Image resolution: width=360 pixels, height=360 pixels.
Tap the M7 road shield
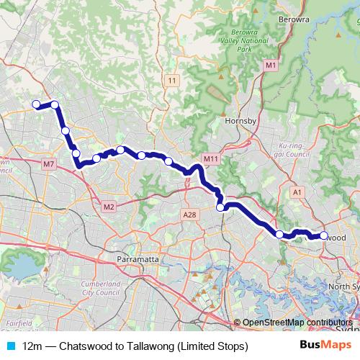coord(49,164)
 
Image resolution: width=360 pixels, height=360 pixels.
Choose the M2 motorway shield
coord(109,207)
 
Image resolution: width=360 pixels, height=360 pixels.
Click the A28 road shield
coord(189,214)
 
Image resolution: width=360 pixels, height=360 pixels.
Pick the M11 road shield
coord(210,159)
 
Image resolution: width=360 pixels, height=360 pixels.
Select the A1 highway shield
coord(297,192)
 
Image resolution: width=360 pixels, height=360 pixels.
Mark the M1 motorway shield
coord(270,66)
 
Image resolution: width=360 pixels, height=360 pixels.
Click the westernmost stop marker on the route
coord(35,104)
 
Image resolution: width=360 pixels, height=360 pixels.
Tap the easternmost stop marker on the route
coord(323,235)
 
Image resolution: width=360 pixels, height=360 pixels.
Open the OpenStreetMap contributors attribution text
coord(297,323)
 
